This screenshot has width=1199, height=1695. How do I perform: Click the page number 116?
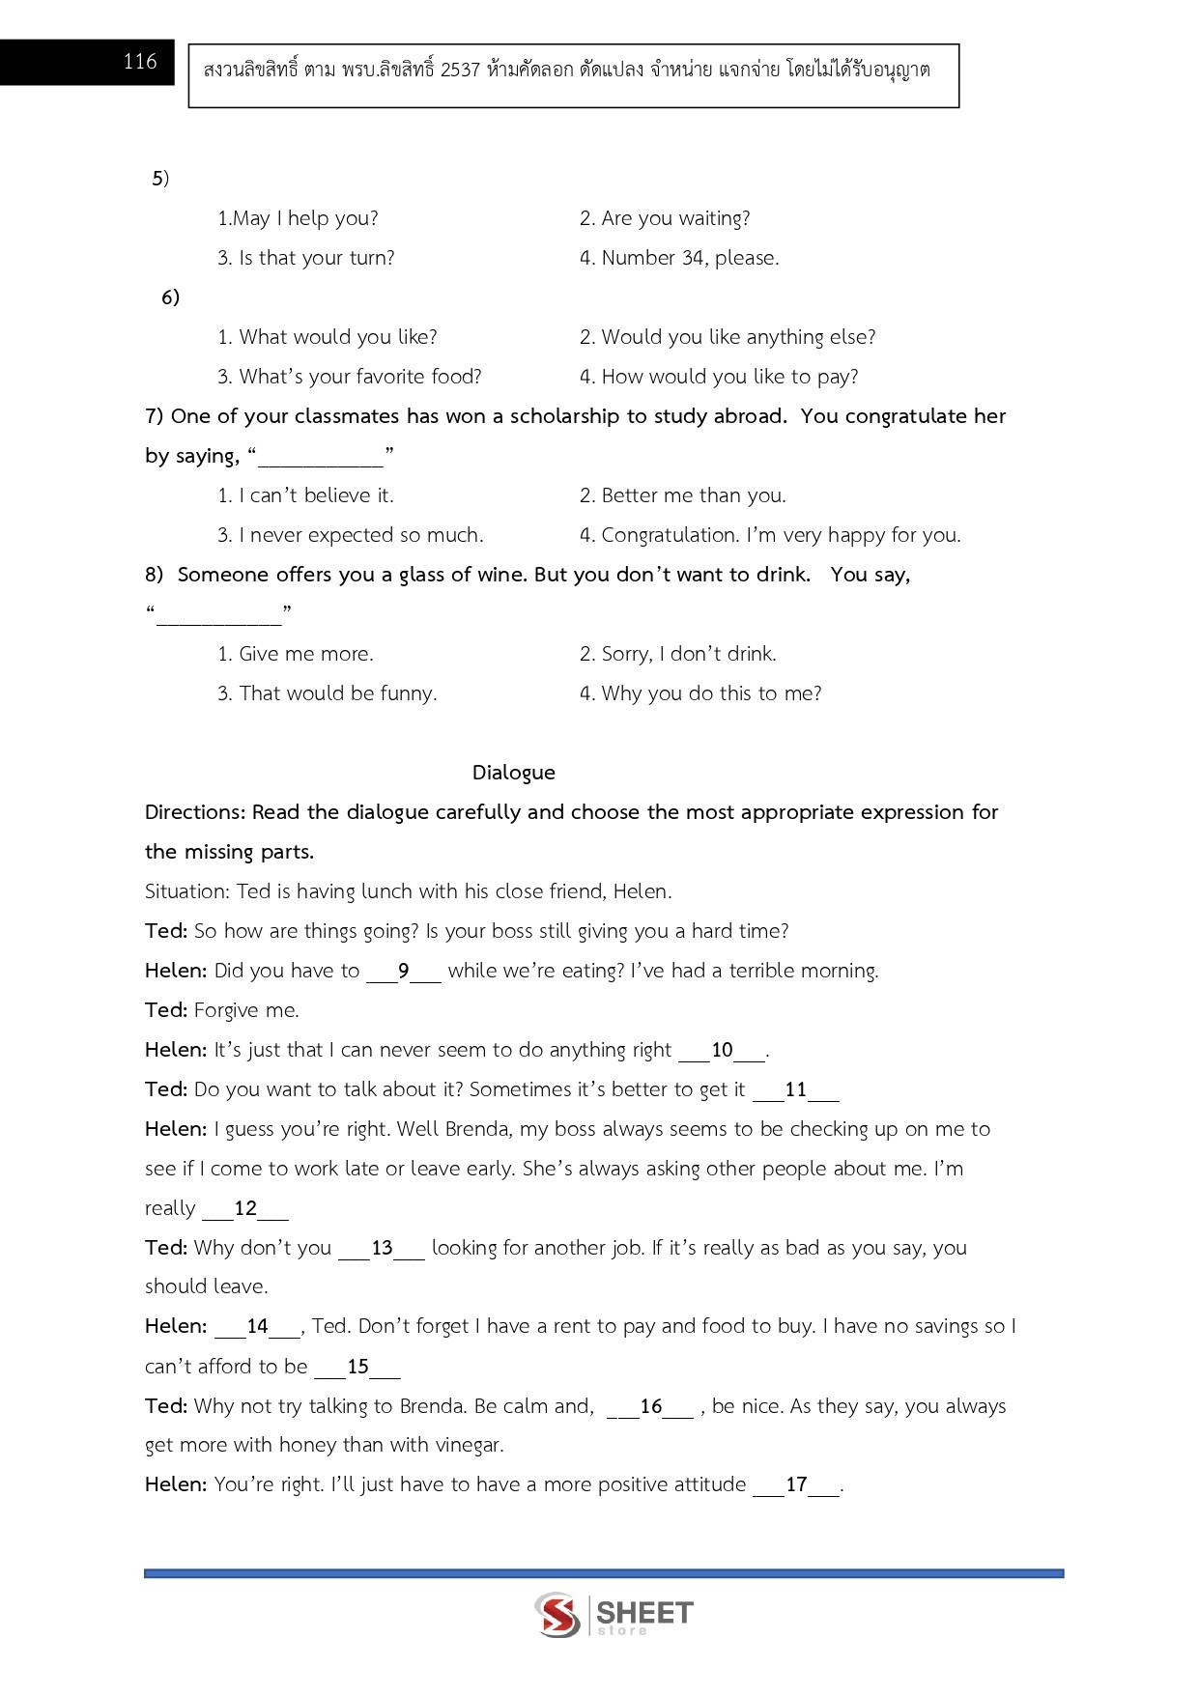point(139,62)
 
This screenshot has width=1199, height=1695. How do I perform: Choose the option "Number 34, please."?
point(679,258)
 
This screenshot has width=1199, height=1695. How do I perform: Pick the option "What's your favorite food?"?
point(350,377)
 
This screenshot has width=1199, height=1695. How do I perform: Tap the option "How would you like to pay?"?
point(719,377)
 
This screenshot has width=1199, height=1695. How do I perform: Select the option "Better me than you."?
point(682,495)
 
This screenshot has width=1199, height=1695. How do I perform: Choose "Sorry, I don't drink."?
point(677,654)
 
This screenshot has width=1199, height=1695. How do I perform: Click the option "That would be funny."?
point(328,693)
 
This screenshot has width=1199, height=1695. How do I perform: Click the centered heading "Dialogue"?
point(513,773)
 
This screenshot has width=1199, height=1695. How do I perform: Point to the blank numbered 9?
point(404,972)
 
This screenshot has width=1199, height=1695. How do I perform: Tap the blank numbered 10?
point(722,1051)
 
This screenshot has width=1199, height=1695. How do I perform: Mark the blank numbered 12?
point(245,1209)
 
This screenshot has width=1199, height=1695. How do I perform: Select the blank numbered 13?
point(382,1249)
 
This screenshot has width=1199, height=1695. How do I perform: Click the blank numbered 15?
point(357,1368)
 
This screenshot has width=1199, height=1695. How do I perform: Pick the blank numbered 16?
point(650,1407)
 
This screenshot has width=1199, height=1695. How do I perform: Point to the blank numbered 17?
point(796,1485)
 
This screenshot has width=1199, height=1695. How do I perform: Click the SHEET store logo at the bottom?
point(614,1615)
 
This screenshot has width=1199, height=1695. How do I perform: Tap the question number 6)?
point(170,297)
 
